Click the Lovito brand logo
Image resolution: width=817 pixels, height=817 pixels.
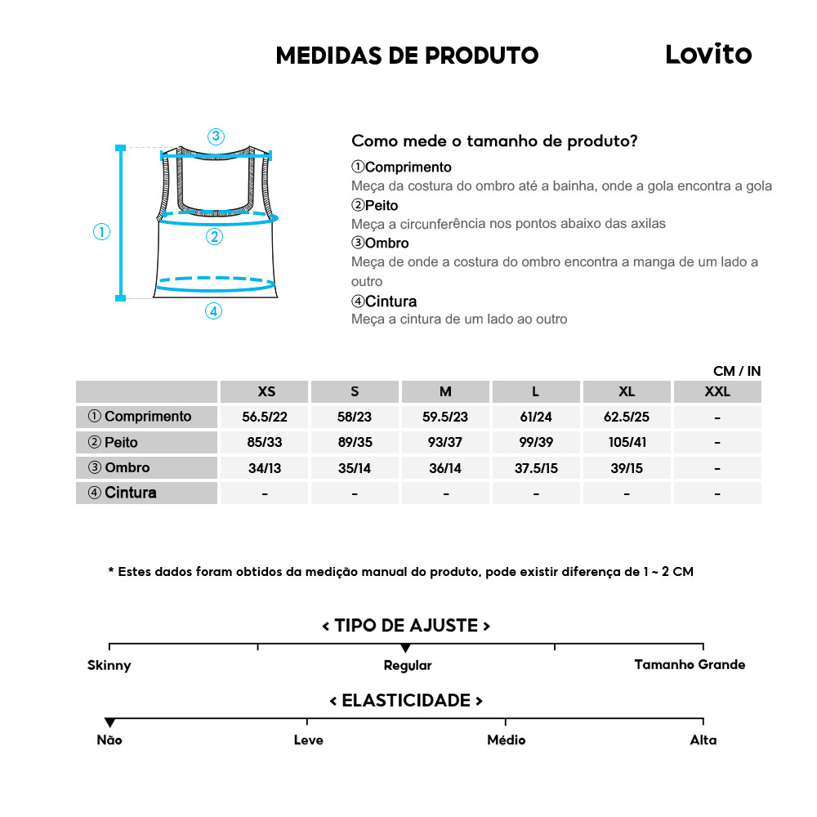pos(708,55)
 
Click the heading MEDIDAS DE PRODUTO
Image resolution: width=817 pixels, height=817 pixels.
pos(407,56)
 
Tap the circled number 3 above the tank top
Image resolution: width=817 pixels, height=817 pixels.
pos(216,136)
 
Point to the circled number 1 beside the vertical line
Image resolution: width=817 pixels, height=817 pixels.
pos(101,232)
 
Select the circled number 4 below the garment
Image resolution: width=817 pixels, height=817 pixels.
pos(213,311)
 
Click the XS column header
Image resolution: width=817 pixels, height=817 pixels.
pos(266,391)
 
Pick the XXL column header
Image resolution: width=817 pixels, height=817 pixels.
pos(717,391)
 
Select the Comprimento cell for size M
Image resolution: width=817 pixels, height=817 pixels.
pos(445,417)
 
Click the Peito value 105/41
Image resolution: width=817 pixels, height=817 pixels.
pos(627,443)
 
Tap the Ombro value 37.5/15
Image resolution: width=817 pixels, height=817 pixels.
pos(536,469)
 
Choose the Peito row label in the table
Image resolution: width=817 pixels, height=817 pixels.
pos(114,443)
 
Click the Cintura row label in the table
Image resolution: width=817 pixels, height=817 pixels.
pos(123,493)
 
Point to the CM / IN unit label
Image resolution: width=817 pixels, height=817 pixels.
pos(736,371)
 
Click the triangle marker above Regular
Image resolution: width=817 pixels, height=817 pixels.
pos(406,648)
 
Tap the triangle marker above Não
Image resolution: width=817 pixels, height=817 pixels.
pos(109,722)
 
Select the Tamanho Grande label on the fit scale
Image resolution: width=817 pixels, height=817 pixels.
pos(690,664)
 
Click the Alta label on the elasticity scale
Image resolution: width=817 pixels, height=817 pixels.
pos(703,740)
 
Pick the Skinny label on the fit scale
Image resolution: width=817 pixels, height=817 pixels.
pos(109,665)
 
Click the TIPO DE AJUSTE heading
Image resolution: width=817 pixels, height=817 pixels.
pos(406,626)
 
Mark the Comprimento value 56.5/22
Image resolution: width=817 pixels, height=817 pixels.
pos(265,417)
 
